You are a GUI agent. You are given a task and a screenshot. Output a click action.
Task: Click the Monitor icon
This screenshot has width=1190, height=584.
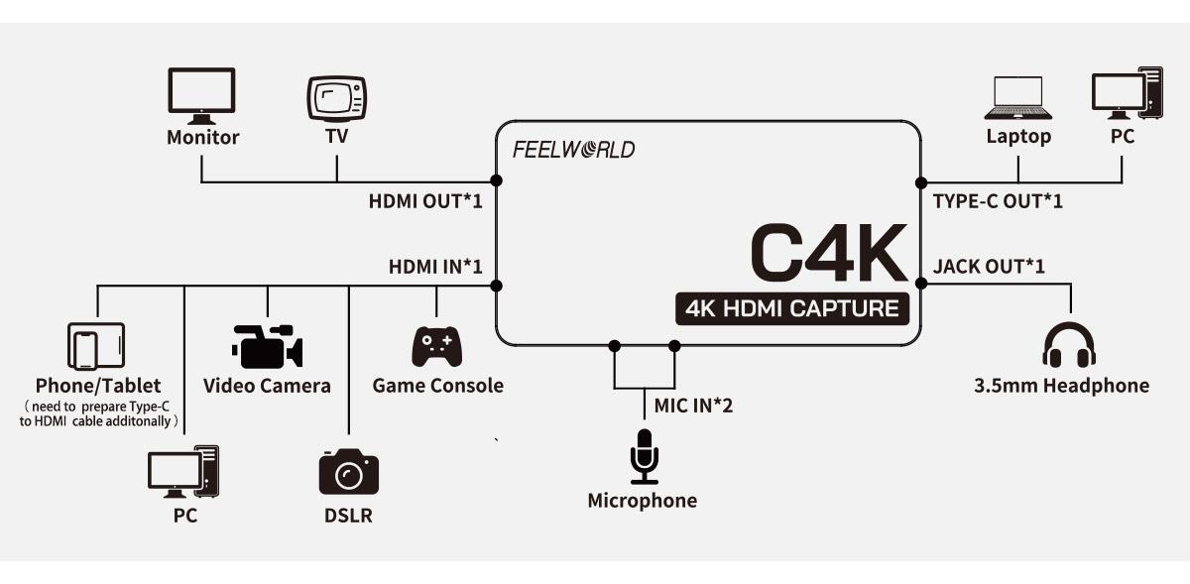tap(202, 95)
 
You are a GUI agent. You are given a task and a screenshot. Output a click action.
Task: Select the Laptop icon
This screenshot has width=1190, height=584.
tap(1017, 97)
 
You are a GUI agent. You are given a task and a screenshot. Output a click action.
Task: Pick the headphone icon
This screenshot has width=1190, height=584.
tap(1069, 343)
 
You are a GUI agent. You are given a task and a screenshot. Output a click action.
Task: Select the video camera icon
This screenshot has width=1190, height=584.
tap(267, 346)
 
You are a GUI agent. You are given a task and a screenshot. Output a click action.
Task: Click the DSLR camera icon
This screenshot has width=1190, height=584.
tap(348, 471)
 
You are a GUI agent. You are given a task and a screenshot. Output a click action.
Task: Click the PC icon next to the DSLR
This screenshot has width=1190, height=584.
tap(182, 471)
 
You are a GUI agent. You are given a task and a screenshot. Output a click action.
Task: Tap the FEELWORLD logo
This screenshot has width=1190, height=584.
tap(573, 151)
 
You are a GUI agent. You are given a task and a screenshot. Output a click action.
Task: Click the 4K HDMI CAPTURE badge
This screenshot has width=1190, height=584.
tap(791, 308)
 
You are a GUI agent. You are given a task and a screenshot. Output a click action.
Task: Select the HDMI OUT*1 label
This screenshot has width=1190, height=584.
tap(425, 201)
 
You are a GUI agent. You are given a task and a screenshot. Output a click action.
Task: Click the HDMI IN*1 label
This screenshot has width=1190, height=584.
tap(435, 266)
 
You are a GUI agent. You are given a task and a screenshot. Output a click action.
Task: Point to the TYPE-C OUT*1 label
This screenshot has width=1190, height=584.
tap(998, 201)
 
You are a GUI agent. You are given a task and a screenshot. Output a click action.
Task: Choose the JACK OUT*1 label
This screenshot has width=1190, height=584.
tap(989, 266)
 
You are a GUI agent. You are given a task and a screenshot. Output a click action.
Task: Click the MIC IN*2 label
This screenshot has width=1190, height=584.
tap(694, 405)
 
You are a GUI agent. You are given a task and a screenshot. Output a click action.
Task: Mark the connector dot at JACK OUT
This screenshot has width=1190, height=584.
tap(920, 284)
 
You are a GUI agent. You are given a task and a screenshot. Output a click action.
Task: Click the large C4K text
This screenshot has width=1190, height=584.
tap(828, 253)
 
